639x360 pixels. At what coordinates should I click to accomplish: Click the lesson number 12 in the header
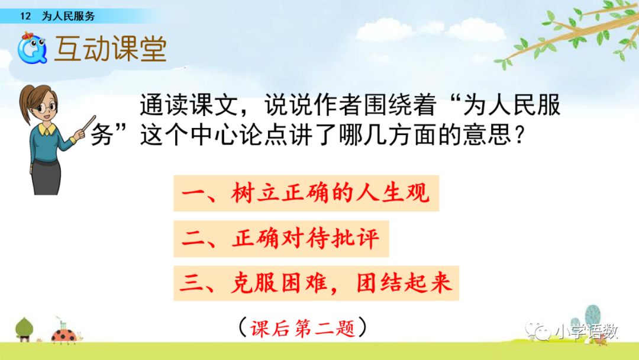pyautogui.click(x=25, y=16)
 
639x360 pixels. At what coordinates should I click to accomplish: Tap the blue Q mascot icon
pyautogui.click(x=32, y=49)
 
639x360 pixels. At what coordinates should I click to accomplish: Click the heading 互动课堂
pyautogui.click(x=111, y=49)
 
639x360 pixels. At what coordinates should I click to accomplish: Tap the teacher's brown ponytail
pyautogui.click(x=25, y=104)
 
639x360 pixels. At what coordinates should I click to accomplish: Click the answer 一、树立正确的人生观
pyautogui.click(x=306, y=193)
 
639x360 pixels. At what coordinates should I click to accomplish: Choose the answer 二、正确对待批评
pyautogui.click(x=281, y=239)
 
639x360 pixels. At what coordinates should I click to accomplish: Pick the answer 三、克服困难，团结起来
pyautogui.click(x=316, y=283)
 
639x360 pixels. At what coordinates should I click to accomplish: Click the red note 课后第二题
pyautogui.click(x=302, y=328)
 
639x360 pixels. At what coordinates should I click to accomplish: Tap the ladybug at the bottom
pyautogui.click(x=65, y=335)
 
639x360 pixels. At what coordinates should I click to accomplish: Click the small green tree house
pyautogui.click(x=24, y=329)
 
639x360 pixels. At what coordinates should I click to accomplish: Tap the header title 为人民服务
pyautogui.click(x=68, y=16)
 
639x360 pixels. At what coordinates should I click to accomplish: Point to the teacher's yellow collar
pyautogui.click(x=47, y=130)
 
